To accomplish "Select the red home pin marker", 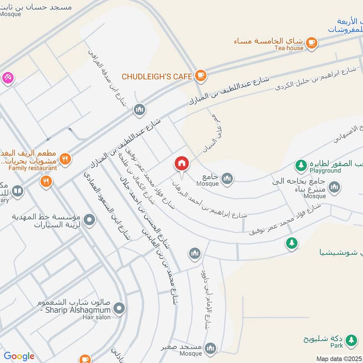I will (181, 164).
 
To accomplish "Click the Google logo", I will (19, 356).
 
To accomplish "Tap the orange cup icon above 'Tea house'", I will (311, 42).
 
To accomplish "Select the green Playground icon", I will (300, 164).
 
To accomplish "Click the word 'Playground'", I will (325, 171).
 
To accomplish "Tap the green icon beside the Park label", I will (350, 340).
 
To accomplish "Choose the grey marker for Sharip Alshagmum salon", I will (119, 309).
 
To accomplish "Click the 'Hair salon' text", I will (96, 317).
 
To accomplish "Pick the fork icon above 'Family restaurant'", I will (65, 159).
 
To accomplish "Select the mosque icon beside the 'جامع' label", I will (227, 178).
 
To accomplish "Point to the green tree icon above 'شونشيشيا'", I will (291, 243).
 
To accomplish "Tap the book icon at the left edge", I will (18, 191).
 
